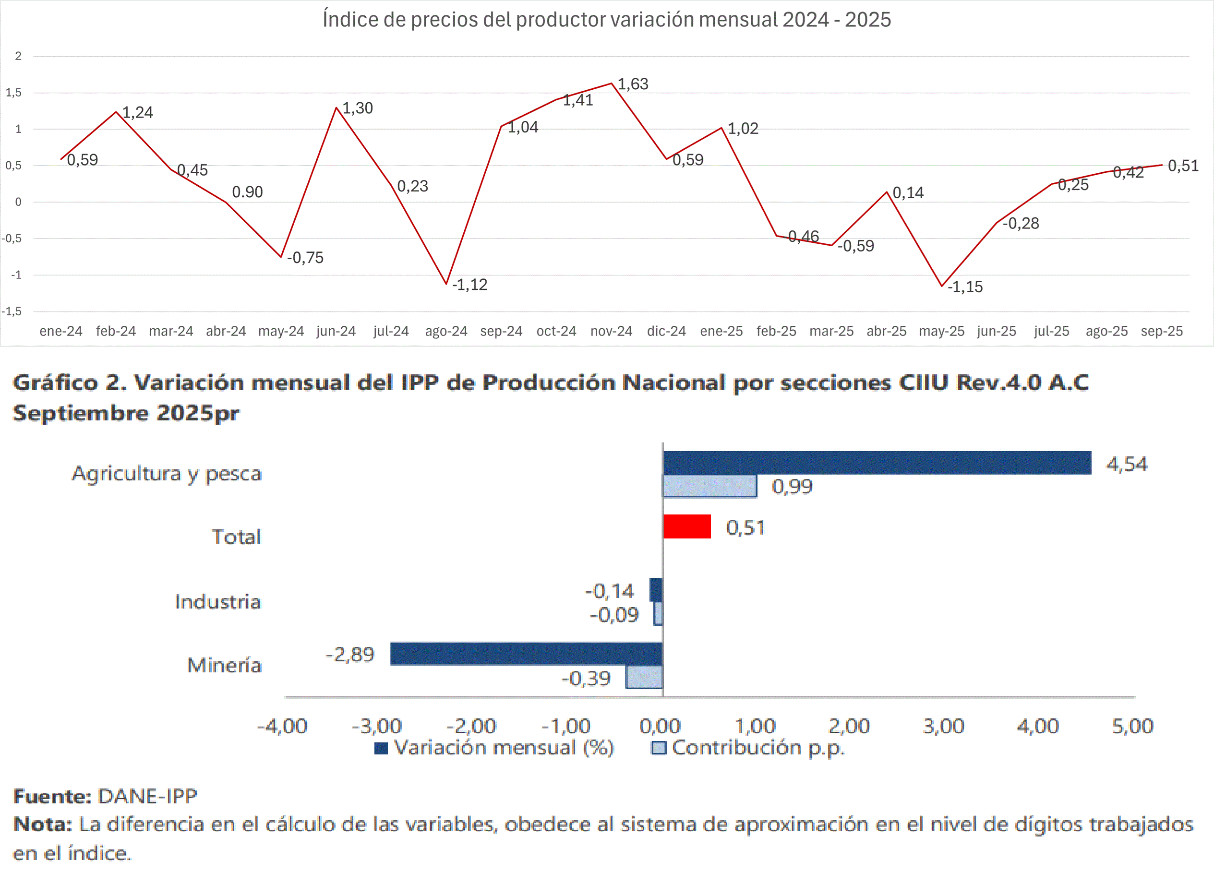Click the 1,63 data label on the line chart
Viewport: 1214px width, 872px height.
point(633,84)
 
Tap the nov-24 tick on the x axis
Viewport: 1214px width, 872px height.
point(611,331)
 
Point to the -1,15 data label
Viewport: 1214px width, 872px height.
point(964,287)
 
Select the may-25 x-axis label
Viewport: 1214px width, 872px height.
point(941,331)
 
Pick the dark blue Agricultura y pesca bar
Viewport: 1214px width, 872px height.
point(877,463)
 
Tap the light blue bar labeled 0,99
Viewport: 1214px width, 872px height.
point(710,487)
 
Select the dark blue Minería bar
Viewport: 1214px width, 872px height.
point(527,654)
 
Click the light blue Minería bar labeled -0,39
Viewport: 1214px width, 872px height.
point(645,678)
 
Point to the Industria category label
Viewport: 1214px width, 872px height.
point(217,602)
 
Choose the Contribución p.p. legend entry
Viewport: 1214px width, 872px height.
point(748,748)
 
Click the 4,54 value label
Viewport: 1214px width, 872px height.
point(1127,464)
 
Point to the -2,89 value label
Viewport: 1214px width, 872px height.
point(350,655)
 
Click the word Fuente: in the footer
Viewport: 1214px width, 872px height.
point(52,797)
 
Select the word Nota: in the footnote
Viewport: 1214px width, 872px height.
point(42,824)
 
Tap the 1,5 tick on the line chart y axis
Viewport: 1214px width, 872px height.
point(14,93)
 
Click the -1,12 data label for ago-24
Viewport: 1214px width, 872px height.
point(469,285)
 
